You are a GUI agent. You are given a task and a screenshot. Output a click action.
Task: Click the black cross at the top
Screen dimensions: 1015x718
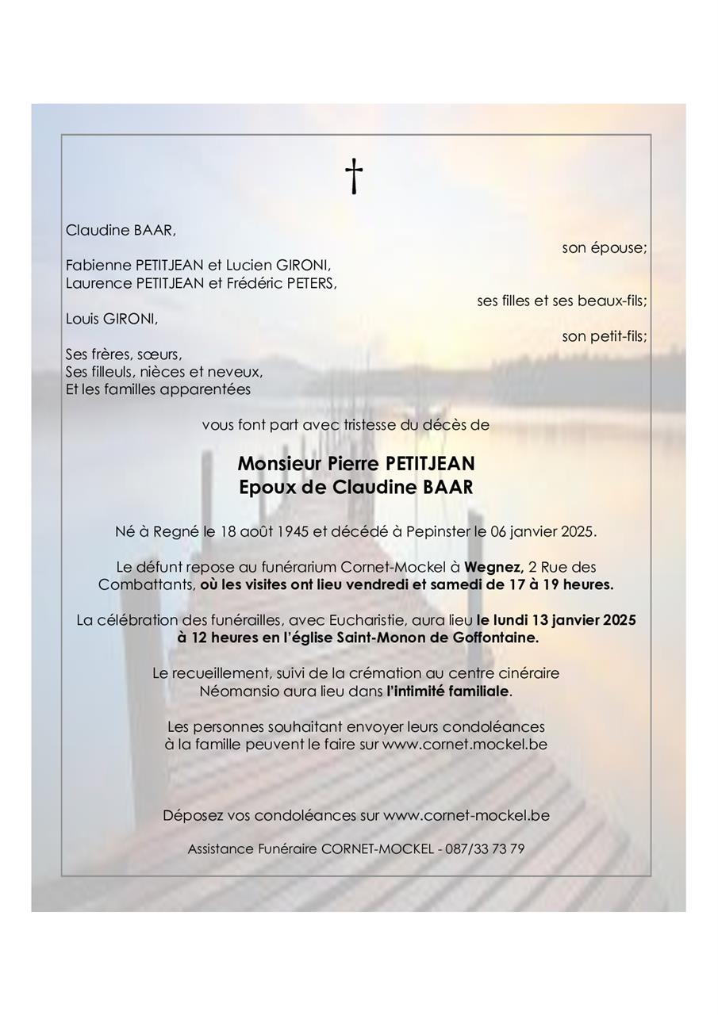pyautogui.click(x=354, y=176)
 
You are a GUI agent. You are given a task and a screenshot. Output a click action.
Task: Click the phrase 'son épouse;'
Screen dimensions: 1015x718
pyautogui.click(x=605, y=248)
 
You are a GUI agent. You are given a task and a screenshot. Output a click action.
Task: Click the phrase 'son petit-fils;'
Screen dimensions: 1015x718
pyautogui.click(x=605, y=336)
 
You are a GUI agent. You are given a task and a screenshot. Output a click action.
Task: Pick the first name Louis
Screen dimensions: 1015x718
pyautogui.click(x=83, y=319)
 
